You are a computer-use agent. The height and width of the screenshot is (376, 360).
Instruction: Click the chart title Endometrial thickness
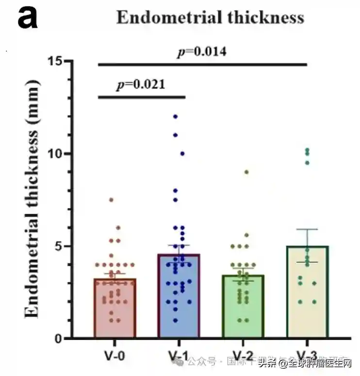210,18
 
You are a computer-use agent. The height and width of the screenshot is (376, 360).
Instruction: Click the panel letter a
28,18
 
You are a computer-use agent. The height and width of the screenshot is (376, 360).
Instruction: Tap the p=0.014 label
202,51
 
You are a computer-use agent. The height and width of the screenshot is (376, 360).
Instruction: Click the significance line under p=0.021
142,97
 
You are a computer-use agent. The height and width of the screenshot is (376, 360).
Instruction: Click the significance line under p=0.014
203,64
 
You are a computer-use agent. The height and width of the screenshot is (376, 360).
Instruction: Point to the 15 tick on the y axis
58,61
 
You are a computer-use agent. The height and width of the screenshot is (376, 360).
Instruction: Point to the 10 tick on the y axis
58,154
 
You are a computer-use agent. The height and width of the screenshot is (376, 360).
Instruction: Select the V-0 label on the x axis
115,356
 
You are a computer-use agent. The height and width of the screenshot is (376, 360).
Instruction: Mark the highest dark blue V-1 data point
175,117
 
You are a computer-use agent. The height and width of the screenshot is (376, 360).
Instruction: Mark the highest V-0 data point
111,200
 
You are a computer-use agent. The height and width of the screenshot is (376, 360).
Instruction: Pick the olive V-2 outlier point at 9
246,172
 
